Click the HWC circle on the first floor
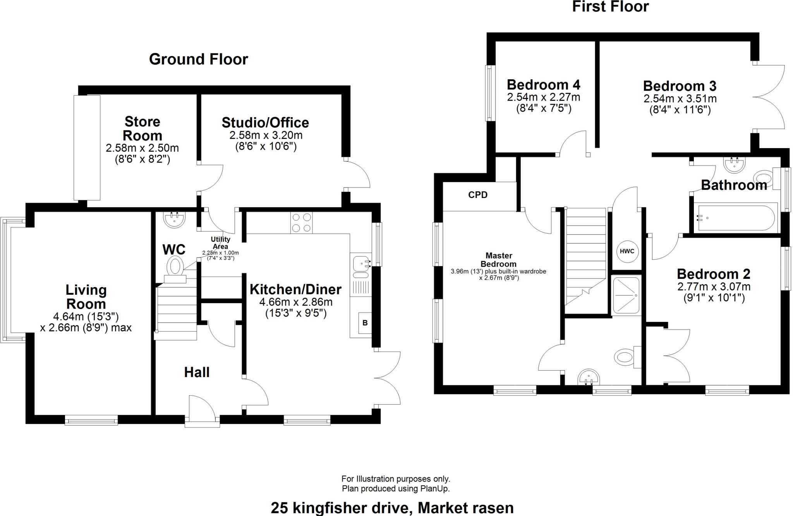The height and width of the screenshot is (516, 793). pyautogui.click(x=627, y=251)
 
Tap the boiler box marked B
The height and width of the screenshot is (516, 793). pyautogui.click(x=365, y=322)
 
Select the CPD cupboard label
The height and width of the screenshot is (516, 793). pyautogui.click(x=478, y=195)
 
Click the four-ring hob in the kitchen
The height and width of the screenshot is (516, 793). pyautogui.click(x=302, y=223)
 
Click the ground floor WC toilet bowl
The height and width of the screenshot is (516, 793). pyautogui.click(x=175, y=267)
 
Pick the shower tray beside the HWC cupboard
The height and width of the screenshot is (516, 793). pyautogui.click(x=626, y=295)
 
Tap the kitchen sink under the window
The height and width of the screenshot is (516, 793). pyautogui.click(x=361, y=267)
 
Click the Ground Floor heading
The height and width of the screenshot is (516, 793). pyautogui.click(x=198, y=59)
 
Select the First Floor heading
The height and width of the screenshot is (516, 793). pyautogui.click(x=610, y=7)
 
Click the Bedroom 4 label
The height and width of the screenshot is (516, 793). pyautogui.click(x=543, y=84)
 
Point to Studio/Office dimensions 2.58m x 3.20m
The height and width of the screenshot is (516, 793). pyautogui.click(x=266, y=135)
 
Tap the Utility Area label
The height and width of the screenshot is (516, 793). pyautogui.click(x=220, y=243)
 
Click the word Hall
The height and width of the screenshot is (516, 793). pyautogui.click(x=197, y=372)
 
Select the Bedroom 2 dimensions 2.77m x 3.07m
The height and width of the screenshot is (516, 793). pyautogui.click(x=714, y=287)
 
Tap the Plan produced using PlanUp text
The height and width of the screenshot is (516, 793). pyautogui.click(x=395, y=489)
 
